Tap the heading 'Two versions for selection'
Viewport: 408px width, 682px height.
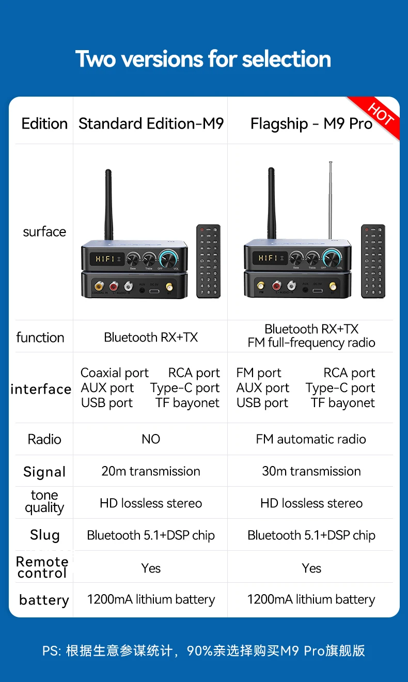(203, 59)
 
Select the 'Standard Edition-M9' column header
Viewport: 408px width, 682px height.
(151, 124)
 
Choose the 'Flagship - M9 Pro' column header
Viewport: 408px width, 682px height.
(311, 124)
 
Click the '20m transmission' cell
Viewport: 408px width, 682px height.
(151, 471)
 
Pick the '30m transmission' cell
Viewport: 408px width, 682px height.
(311, 471)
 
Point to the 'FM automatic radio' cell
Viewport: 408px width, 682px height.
(311, 439)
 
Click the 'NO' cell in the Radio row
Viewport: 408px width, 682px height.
(151, 439)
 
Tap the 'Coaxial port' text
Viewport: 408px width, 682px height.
(114, 373)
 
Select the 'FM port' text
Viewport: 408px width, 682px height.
(259, 373)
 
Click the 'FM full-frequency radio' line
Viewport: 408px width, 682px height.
(311, 343)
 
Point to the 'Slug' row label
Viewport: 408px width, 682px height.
(44, 535)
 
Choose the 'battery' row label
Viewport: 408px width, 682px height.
(44, 600)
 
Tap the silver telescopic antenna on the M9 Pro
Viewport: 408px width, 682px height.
(330, 199)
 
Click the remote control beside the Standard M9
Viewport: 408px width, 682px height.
(208, 261)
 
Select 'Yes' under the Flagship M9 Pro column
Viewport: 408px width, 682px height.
(311, 568)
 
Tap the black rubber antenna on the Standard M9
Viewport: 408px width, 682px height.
(108, 204)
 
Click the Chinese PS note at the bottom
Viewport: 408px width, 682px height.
(203, 650)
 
